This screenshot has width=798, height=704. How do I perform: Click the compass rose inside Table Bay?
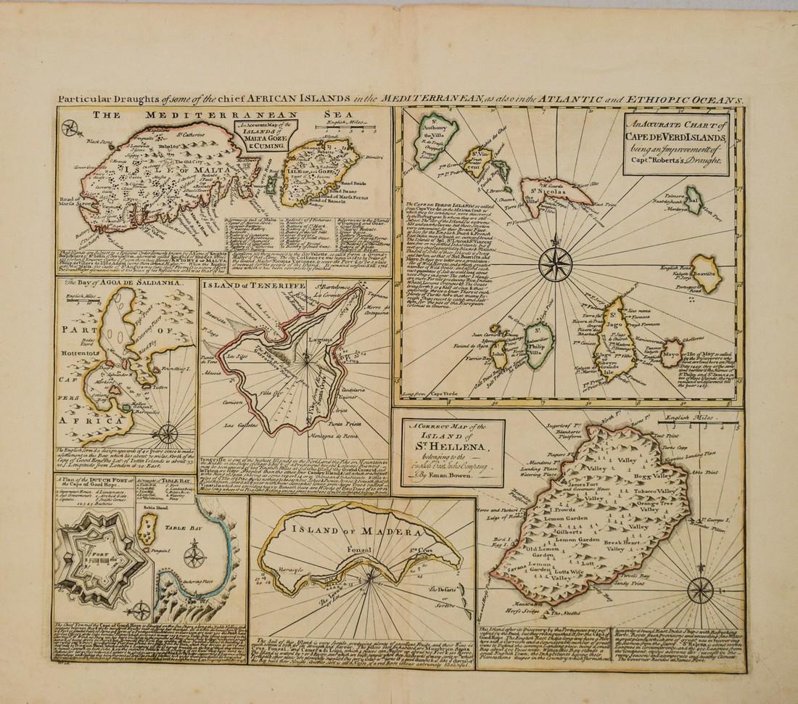click(194, 556)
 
